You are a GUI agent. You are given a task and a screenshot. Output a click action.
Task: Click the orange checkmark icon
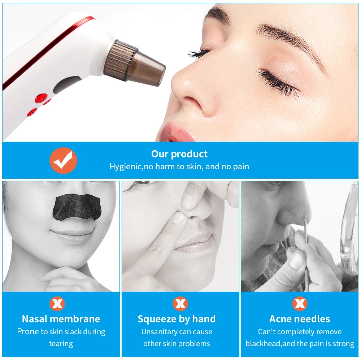(63, 161)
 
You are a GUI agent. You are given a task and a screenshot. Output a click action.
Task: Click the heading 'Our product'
(179, 154)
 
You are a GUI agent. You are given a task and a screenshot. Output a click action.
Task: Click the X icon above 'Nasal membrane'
(57, 304)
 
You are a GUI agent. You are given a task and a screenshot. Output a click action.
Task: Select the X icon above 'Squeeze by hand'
(180, 304)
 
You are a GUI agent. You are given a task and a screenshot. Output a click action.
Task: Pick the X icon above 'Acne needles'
(300, 304)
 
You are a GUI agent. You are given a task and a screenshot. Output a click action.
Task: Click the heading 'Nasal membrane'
(61, 319)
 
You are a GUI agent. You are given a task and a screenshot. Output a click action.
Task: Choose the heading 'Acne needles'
(300, 319)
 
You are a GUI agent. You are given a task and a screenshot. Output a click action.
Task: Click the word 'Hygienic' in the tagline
(126, 166)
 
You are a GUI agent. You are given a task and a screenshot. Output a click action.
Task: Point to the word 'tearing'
(61, 344)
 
